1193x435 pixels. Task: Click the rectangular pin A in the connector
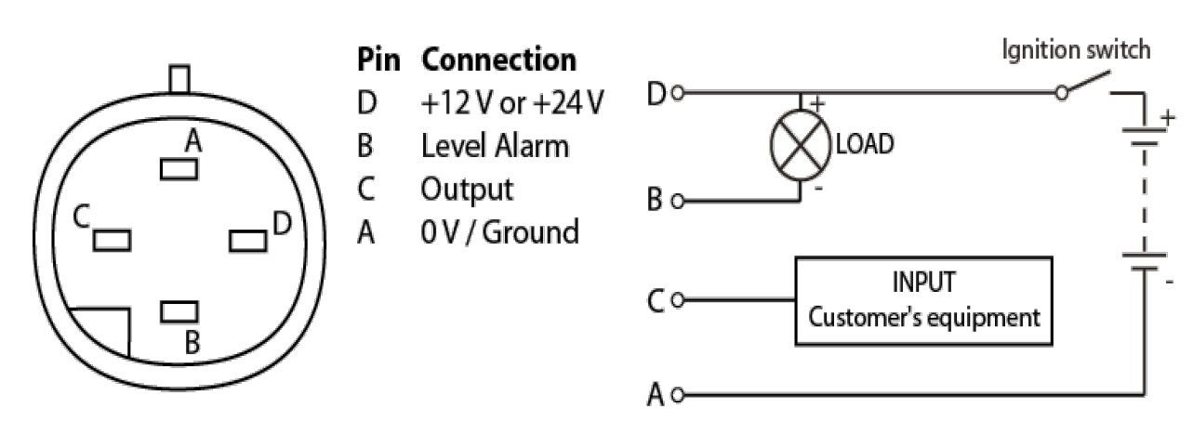179,169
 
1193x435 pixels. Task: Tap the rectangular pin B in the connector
179,312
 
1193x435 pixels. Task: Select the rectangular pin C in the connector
112,240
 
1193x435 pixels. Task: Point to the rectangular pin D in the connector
248,240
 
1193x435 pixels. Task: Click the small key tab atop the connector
179,78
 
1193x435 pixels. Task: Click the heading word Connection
498,60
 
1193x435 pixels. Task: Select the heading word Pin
378,60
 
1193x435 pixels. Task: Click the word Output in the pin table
467,189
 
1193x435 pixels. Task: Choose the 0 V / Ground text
499,231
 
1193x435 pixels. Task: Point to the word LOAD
866,146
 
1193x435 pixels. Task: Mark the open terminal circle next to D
678,93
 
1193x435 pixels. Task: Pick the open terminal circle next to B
678,200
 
